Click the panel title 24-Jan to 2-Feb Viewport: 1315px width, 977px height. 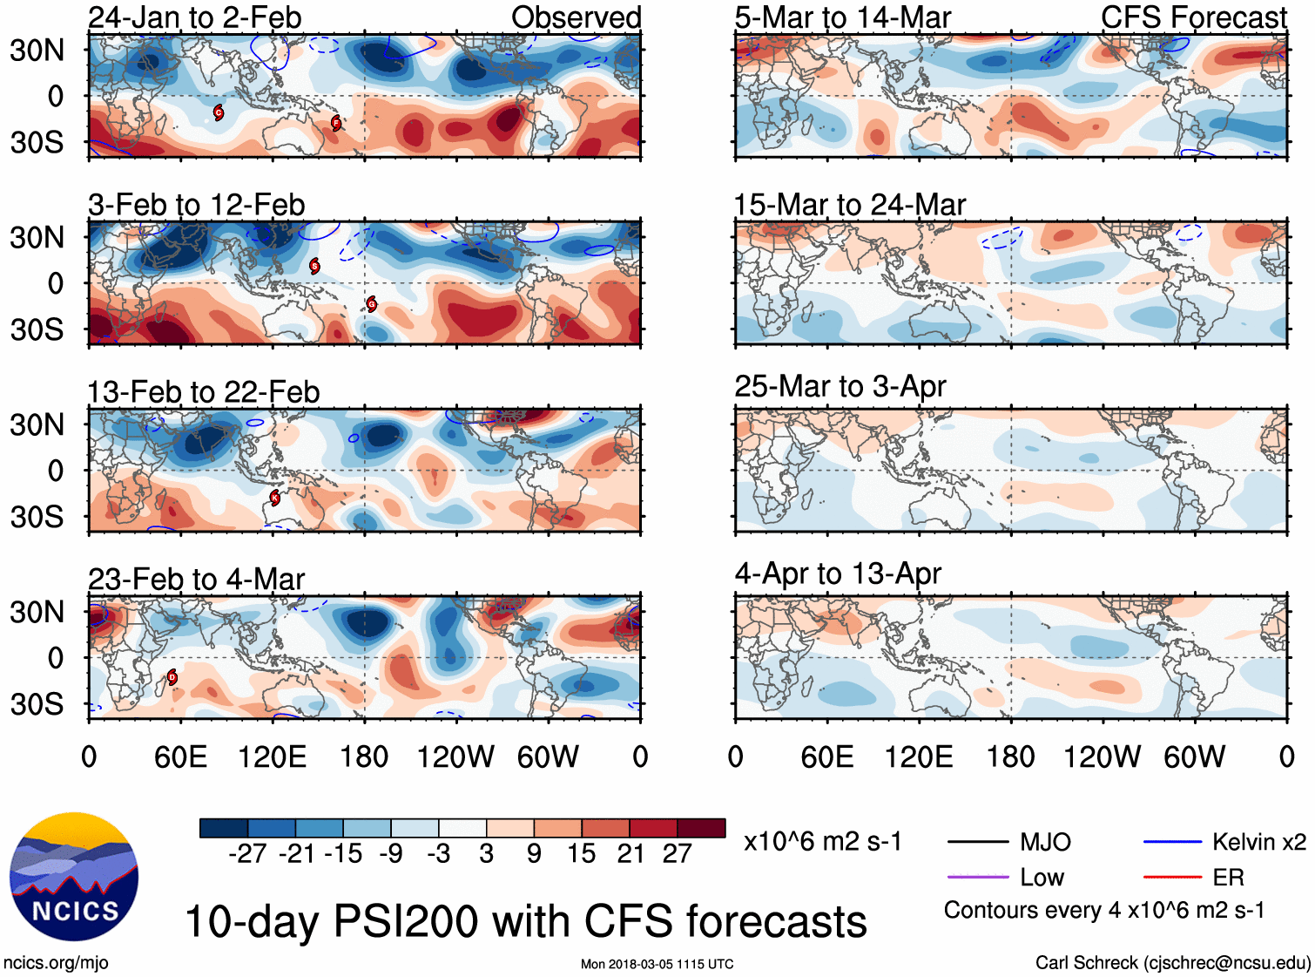[x=194, y=17]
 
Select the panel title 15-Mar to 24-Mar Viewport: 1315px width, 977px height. [x=849, y=205]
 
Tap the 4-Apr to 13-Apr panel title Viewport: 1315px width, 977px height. [x=837, y=573]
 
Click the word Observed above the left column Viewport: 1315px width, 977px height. [x=576, y=17]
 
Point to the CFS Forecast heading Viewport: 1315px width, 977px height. [x=1193, y=17]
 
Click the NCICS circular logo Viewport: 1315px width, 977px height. [x=74, y=877]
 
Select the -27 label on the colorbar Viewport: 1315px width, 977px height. [x=247, y=853]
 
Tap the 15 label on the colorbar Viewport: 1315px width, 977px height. [x=581, y=853]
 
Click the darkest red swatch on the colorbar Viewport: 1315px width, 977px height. [x=701, y=828]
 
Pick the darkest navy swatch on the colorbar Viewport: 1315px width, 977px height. [x=224, y=828]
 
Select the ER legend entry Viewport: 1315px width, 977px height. [x=1228, y=877]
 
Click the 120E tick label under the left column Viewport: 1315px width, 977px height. [x=272, y=756]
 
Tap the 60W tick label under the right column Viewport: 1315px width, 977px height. [x=1194, y=756]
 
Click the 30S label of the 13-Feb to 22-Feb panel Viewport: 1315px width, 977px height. [x=37, y=517]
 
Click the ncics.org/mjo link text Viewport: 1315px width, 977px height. [x=56, y=962]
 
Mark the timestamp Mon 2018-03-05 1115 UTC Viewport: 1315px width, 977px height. [x=657, y=964]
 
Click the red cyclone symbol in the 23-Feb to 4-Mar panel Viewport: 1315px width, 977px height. [x=172, y=676]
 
